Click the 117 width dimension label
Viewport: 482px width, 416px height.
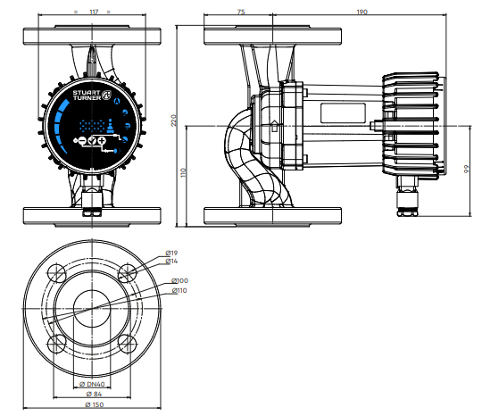point(94,12)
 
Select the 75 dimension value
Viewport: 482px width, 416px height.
point(241,12)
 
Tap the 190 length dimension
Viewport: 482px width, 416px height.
point(361,12)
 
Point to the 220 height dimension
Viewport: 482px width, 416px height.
point(174,121)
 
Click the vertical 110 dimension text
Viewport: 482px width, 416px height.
point(184,172)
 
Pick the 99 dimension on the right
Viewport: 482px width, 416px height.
point(467,169)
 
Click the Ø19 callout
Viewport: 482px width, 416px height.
point(171,253)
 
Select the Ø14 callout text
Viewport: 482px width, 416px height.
point(171,261)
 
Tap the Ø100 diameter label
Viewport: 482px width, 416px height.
point(179,280)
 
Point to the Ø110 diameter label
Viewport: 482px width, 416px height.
point(179,290)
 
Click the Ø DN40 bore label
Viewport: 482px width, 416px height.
point(92,384)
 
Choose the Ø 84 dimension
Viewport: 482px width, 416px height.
point(94,394)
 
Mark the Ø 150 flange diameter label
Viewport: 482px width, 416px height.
point(94,404)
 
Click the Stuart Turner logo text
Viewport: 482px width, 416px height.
point(87,95)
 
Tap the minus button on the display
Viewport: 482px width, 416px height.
point(82,141)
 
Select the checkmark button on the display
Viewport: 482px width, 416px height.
point(92,141)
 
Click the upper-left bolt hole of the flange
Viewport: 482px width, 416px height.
point(56,273)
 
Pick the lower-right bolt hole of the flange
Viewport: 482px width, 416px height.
point(128,344)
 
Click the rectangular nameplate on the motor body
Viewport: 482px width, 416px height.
point(343,113)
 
